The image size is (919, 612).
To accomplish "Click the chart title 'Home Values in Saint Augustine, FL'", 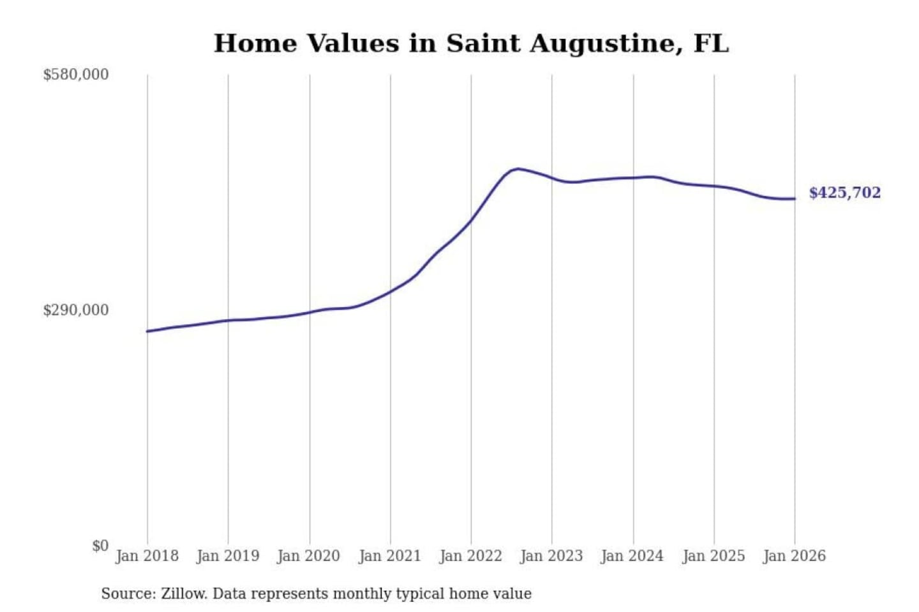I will pyautogui.click(x=471, y=43).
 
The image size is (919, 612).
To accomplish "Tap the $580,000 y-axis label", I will pyautogui.click(x=75, y=75).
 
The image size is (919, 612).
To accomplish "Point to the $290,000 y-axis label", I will pyautogui.click(x=75, y=310).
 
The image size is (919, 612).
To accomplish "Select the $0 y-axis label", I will pyautogui.click(x=100, y=546).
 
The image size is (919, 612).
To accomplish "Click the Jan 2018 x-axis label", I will pyautogui.click(x=147, y=556).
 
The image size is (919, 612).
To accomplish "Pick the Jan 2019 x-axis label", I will pyautogui.click(x=228, y=556).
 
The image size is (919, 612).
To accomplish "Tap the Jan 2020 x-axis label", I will pyautogui.click(x=309, y=556).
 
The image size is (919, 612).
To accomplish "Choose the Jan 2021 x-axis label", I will pyautogui.click(x=390, y=556).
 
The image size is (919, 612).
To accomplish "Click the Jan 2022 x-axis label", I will pyautogui.click(x=471, y=556).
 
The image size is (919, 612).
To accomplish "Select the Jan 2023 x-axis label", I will pyautogui.click(x=551, y=556).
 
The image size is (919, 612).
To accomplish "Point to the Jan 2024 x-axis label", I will pyautogui.click(x=632, y=556).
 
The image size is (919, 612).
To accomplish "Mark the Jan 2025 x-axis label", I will pyautogui.click(x=714, y=556).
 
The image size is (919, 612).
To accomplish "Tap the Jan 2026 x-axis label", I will pyautogui.click(x=795, y=556).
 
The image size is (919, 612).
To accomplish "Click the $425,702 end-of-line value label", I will pyautogui.click(x=844, y=193).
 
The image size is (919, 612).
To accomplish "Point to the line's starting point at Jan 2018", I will pyautogui.click(x=147, y=331).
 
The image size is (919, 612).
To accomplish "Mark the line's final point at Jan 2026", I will pyautogui.click(x=795, y=199).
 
